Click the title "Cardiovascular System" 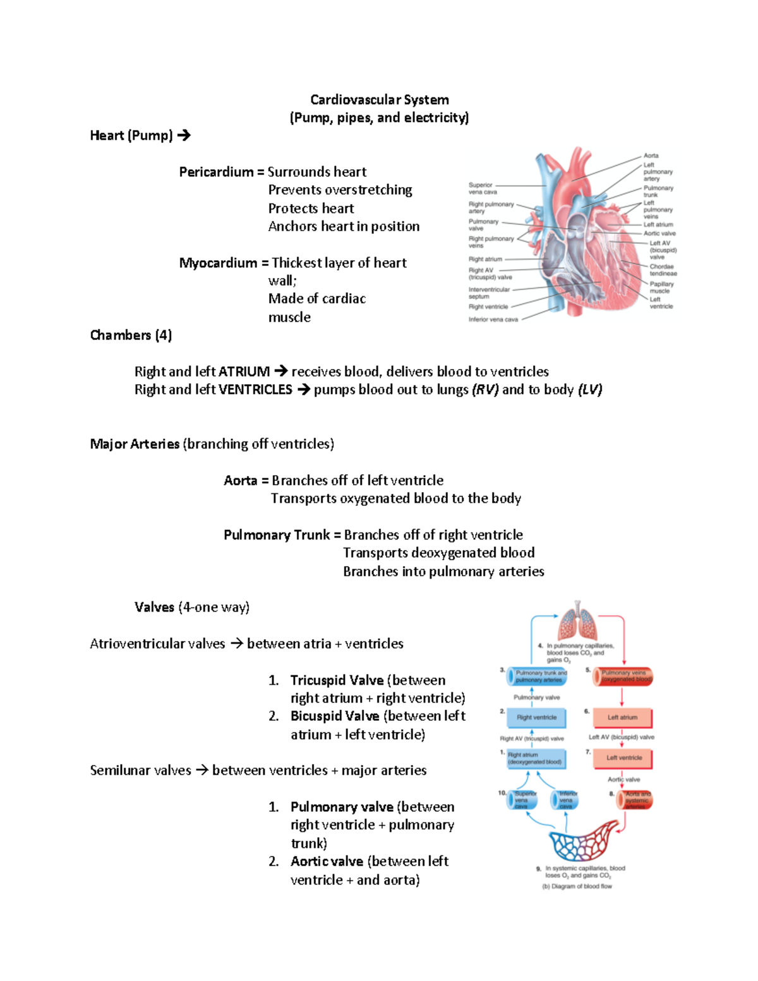pyautogui.click(x=379, y=100)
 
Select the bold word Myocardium pyautogui.click(x=218, y=263)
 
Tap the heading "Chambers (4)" pyautogui.click(x=131, y=335)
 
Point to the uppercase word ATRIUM pyautogui.click(x=244, y=371)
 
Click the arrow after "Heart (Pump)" pyautogui.click(x=184, y=135)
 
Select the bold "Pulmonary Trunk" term pyautogui.click(x=277, y=535)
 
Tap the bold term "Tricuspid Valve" pyautogui.click(x=337, y=680)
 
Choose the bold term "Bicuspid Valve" pyautogui.click(x=335, y=716)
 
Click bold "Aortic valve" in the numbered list pyautogui.click(x=327, y=862)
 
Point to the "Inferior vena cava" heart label pyautogui.click(x=493, y=320)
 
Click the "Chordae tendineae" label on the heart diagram pyautogui.click(x=663, y=270)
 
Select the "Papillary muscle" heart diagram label pyautogui.click(x=661, y=287)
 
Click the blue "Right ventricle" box pyautogui.click(x=537, y=718)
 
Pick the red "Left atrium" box pyautogui.click(x=622, y=718)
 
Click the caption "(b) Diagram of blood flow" pyautogui.click(x=577, y=886)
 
